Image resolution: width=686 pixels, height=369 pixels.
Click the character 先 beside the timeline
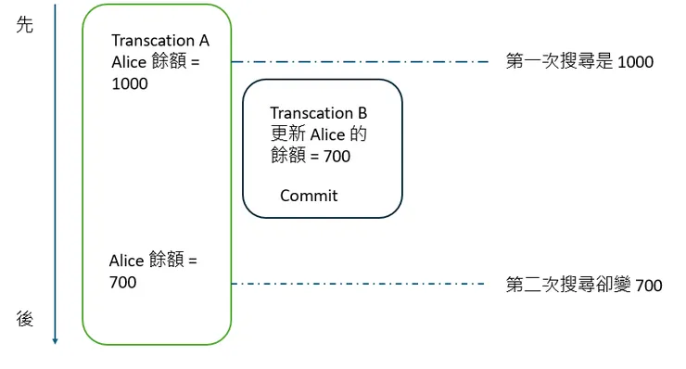click(x=25, y=25)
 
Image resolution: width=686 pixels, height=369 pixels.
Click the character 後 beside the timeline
click(x=25, y=319)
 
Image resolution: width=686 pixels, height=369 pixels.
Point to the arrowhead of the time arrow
click(x=56, y=340)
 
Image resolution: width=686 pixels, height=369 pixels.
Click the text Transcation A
click(x=160, y=41)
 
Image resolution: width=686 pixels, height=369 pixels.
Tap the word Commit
click(x=309, y=196)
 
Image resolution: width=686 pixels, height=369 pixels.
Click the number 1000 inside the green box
click(x=129, y=83)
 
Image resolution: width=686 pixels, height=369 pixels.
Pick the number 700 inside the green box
click(x=122, y=281)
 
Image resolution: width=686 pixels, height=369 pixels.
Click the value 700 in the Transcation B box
click(x=337, y=157)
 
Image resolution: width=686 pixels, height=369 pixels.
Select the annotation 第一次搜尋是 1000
click(x=579, y=62)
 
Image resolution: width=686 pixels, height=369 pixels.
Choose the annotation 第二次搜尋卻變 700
click(x=584, y=285)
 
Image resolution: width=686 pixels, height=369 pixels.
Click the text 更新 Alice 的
click(x=318, y=135)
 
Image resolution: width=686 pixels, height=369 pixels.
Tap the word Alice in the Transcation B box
click(x=326, y=135)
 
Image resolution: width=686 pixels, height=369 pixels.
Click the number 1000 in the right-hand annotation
click(x=635, y=63)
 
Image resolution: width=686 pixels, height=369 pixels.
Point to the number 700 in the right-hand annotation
click(x=648, y=286)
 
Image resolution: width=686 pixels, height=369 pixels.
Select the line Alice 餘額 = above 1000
click(x=156, y=62)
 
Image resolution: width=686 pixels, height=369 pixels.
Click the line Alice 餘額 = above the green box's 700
click(x=153, y=261)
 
